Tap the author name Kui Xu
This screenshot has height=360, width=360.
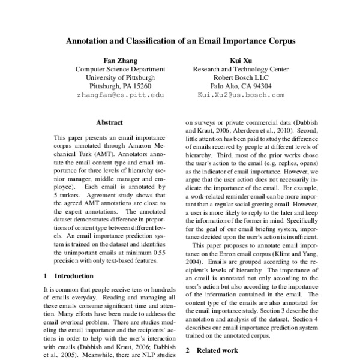(242, 61)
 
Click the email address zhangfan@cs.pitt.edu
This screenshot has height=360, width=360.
(120, 95)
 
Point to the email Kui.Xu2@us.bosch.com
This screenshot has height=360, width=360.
(242, 95)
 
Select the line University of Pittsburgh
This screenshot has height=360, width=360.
(120, 77)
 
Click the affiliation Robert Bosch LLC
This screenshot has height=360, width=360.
(242, 77)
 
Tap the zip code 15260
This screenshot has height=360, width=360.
(147, 86)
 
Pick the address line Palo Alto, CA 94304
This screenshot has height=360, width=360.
(242, 86)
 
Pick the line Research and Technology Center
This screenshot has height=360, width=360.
(242, 69)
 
